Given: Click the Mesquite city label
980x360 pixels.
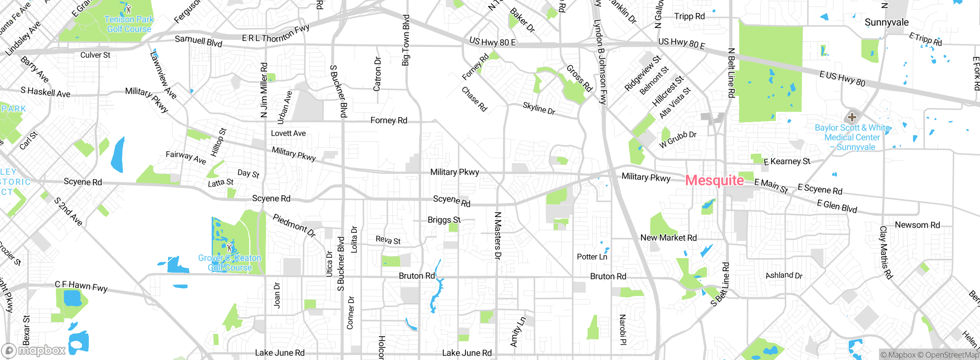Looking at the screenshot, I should (x=714, y=180).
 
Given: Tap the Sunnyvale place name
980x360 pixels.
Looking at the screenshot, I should (x=886, y=22).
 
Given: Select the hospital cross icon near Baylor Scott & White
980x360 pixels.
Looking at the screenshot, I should (x=852, y=117).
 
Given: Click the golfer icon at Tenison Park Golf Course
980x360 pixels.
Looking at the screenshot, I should (x=129, y=9).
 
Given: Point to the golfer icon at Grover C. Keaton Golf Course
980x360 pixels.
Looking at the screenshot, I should (x=229, y=247).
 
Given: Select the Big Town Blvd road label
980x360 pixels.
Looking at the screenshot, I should (x=406, y=40).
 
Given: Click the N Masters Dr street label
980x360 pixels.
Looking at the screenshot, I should (x=498, y=236).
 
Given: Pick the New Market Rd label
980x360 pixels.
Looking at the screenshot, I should (x=668, y=237).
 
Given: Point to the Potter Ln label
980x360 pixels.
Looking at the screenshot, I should (x=592, y=257).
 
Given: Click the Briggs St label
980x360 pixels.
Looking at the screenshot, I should (x=444, y=220).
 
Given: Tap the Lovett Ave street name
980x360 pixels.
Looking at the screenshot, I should (x=288, y=133).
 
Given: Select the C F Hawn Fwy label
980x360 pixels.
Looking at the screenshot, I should (x=81, y=286).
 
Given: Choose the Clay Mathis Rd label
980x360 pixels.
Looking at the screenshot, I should (x=886, y=252).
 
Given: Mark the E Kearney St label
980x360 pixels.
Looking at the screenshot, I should (x=787, y=162).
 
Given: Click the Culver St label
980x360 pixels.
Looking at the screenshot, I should (x=95, y=55).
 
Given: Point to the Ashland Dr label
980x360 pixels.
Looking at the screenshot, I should (x=784, y=275).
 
